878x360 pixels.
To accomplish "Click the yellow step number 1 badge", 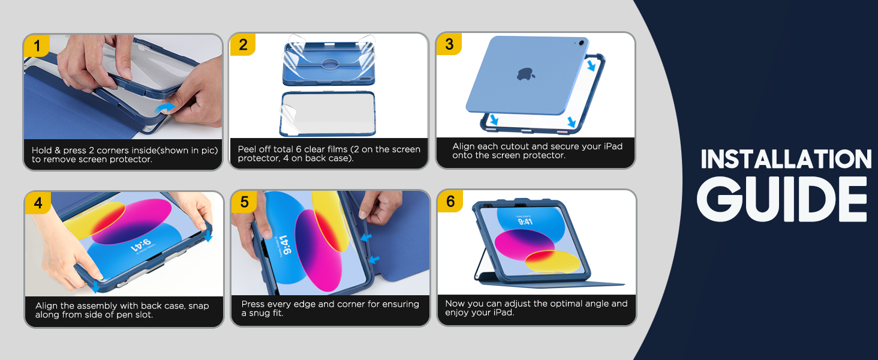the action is click(37, 46).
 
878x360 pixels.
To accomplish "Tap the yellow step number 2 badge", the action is click(243, 44).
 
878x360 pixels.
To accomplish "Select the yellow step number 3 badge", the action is click(449, 44).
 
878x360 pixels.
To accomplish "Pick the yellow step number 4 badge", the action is click(38, 203).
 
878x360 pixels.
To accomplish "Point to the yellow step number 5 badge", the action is click(244, 202).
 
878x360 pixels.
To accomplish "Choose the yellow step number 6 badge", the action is click(450, 201).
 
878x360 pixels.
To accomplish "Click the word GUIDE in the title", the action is click(782, 199).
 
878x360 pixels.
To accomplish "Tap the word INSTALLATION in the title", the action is click(786, 159).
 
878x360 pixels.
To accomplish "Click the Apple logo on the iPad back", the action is click(525, 74).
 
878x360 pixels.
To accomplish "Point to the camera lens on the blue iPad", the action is click(581, 43).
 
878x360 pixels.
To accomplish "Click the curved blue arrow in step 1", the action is click(164, 107).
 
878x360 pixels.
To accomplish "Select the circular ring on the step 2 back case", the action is click(330, 64).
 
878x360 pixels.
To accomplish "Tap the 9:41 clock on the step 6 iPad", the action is click(525, 221).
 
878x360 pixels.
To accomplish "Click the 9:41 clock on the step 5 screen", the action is click(286, 245).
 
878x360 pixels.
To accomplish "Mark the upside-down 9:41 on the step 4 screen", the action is click(141, 245).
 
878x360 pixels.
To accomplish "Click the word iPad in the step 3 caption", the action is click(613, 146).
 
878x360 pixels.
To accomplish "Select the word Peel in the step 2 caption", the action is click(246, 149).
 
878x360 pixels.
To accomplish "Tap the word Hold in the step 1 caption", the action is click(41, 150).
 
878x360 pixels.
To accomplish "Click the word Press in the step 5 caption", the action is click(253, 304).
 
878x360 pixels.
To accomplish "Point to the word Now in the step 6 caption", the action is click(455, 304).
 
